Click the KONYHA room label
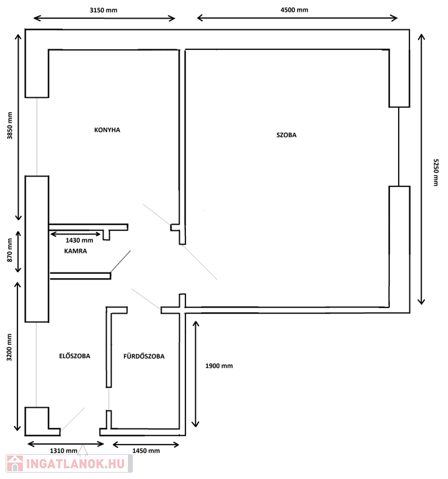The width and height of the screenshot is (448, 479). (107, 130)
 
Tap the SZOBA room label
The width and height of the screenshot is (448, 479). (286, 135)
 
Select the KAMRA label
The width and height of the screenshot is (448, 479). (75, 251)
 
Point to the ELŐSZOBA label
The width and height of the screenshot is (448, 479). (75, 356)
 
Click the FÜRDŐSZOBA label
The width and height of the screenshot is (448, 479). (144, 356)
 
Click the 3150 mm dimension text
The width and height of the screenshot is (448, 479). (104, 10)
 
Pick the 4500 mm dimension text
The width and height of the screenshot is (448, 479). (295, 10)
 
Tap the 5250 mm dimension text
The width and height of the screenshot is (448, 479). (436, 172)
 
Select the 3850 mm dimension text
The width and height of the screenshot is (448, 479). (10, 125)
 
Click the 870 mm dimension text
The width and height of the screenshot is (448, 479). (10, 250)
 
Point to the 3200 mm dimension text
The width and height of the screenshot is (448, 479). (9, 347)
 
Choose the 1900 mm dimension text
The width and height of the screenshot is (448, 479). (219, 366)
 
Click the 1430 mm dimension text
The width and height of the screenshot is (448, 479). (79, 240)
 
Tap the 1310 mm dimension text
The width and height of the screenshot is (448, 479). (64, 450)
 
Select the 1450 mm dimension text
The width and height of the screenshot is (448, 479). (146, 450)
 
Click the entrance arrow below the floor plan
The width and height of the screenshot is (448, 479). (83, 451)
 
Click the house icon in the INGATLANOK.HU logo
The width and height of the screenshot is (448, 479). (15, 463)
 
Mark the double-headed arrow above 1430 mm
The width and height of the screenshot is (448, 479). (75, 235)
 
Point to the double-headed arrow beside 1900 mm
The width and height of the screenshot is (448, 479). (195, 374)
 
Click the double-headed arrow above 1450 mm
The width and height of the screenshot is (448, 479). (146, 445)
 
